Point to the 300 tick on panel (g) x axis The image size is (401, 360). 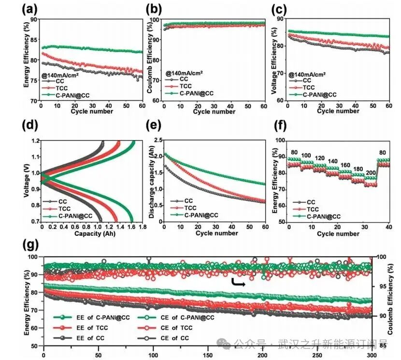tap(371, 355)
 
